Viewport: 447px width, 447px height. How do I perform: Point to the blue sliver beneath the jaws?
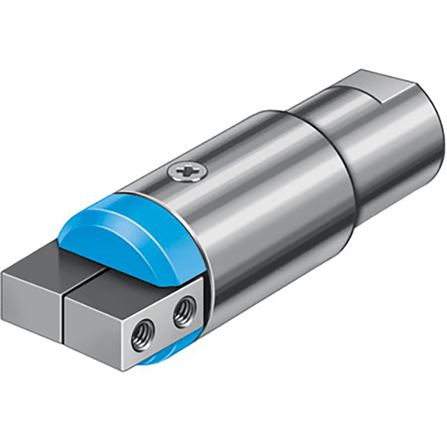click(x=156, y=358)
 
